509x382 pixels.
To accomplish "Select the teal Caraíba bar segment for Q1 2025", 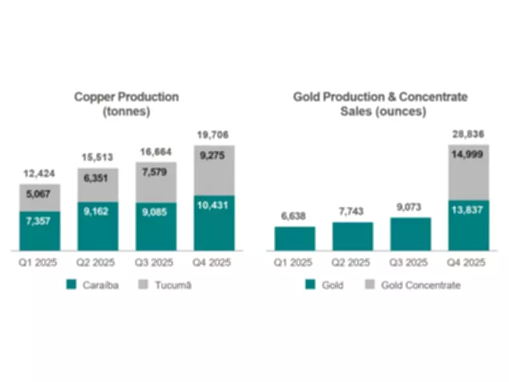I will (40, 230).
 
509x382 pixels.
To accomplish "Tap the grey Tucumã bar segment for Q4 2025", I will (215, 171).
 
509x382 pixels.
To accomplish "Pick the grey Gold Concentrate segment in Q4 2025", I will (469, 172).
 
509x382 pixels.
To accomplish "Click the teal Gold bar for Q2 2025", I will (352, 236).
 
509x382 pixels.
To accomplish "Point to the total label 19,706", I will (215, 135).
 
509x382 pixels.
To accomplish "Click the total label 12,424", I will (40, 174).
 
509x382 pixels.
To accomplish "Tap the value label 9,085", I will (157, 212).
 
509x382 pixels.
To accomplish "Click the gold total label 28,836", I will (469, 135).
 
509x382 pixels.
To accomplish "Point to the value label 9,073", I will (410, 208).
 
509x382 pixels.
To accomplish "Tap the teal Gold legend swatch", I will (311, 285).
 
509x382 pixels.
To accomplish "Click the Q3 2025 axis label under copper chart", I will (157, 262).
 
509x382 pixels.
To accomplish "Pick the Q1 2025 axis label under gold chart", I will (295, 262).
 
